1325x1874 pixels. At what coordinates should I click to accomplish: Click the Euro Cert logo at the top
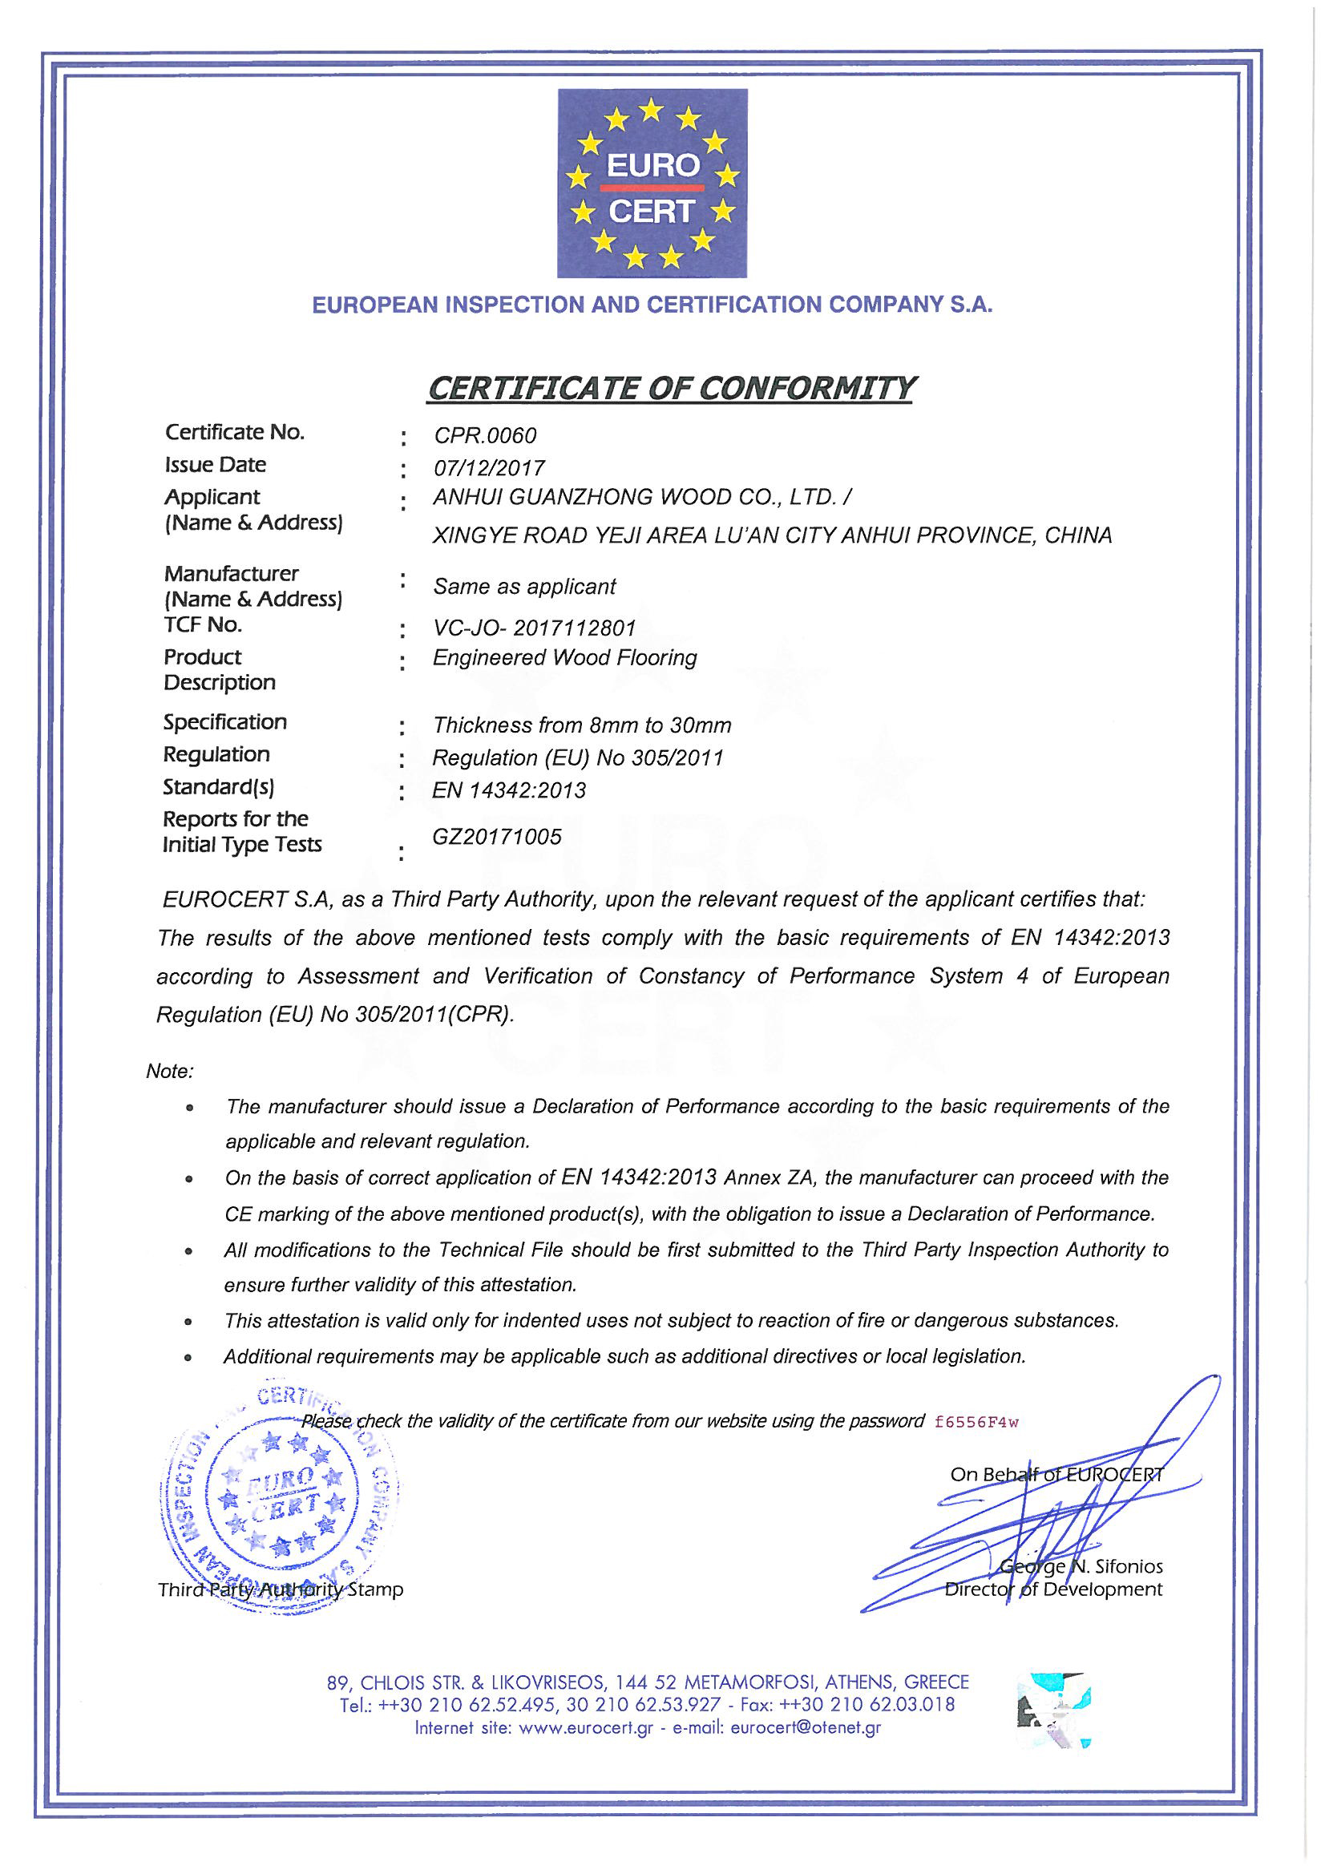point(652,184)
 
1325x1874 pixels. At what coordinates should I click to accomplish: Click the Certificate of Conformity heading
point(670,388)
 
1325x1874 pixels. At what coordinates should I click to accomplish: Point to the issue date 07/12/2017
point(489,468)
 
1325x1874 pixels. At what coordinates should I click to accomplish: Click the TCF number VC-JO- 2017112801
point(534,628)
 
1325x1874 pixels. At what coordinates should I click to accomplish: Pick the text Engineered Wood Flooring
point(564,658)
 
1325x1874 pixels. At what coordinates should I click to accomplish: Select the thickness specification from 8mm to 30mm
point(582,725)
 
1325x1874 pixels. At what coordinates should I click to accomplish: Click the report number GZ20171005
point(497,837)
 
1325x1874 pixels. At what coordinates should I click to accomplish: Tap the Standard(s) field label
point(219,787)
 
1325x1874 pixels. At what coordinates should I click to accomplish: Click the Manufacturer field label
point(231,574)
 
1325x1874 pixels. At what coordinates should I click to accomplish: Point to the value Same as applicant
point(524,587)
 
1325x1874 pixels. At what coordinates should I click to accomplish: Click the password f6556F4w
point(977,1422)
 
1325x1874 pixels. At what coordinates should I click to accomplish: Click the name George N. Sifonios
point(1081,1566)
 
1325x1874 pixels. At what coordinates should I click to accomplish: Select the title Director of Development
point(1053,1589)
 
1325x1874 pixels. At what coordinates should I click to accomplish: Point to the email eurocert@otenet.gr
point(806,1728)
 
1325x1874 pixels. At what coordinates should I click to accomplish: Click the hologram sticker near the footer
point(1054,1708)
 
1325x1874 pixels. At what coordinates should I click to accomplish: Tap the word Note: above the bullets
point(169,1071)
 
